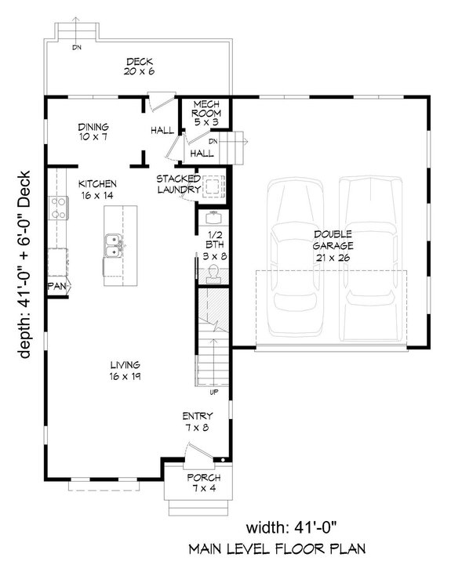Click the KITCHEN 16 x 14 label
(97, 190)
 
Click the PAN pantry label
(56, 287)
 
